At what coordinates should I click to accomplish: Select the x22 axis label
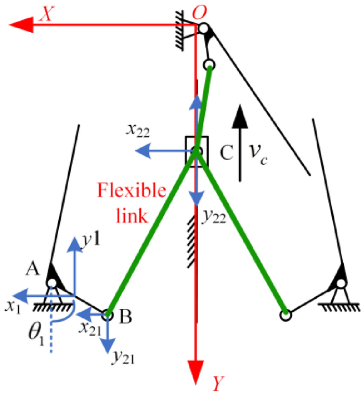tap(138, 132)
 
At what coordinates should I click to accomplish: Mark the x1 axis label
tap(14, 306)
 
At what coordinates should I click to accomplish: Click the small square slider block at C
tap(197, 152)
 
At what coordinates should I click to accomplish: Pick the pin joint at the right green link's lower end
tap(285, 314)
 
